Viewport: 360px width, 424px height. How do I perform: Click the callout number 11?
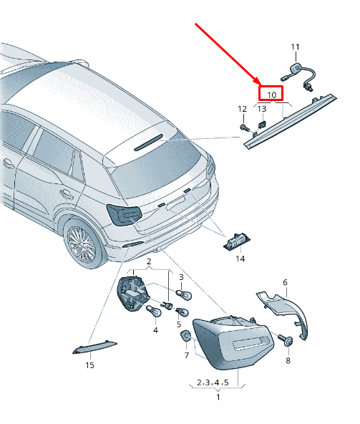point(295,47)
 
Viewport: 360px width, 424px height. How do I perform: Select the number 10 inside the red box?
point(272,95)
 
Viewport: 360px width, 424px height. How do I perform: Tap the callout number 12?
point(242,109)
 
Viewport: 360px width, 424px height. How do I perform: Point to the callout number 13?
point(262,109)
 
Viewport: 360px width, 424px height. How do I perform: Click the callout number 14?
point(240,259)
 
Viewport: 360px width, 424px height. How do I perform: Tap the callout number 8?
point(288,360)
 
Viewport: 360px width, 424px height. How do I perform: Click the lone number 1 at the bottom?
point(218,397)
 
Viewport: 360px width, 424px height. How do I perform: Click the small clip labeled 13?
point(262,125)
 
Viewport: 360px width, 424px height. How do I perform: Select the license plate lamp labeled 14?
point(236,241)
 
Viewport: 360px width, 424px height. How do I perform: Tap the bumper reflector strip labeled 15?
point(94,348)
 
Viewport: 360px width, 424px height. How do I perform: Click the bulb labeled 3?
point(184,294)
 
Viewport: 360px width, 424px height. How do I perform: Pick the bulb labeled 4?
point(153,311)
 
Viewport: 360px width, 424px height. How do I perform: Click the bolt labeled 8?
point(286,340)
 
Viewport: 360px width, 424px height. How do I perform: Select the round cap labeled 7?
point(185,336)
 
